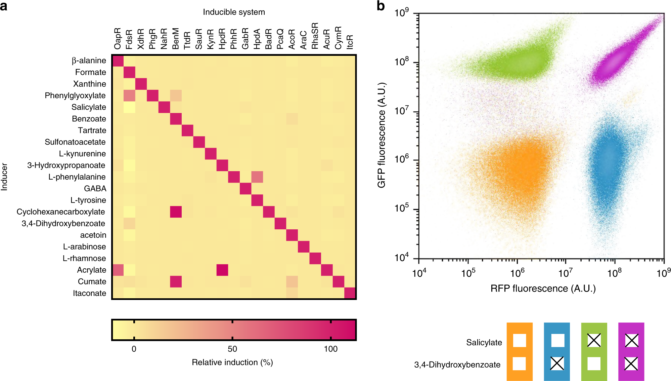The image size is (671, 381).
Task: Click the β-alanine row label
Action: [x=89, y=61]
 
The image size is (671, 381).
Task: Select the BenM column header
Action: [x=176, y=38]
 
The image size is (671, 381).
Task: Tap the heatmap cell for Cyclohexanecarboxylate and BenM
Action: [x=176, y=212]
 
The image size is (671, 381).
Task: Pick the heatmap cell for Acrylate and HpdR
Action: [x=222, y=270]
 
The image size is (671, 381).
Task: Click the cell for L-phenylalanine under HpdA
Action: [x=257, y=177]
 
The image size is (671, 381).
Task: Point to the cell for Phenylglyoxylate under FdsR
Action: [x=129, y=96]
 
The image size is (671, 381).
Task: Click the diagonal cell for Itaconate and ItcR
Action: [x=350, y=293]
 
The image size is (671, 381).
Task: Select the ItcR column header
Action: [x=350, y=42]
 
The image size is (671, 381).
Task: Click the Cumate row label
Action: [x=92, y=281]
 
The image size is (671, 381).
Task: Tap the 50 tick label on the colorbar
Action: [x=232, y=349]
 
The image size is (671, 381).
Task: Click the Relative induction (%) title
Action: [x=232, y=363]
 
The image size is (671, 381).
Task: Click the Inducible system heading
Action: [x=234, y=12]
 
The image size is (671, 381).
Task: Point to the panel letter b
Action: [x=380, y=6]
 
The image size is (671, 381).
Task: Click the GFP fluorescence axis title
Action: [x=382, y=135]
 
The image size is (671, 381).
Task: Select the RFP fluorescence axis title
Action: [x=543, y=289]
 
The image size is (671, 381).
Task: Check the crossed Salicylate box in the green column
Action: [x=594, y=340]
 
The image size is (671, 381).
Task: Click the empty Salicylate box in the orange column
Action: [x=519, y=340]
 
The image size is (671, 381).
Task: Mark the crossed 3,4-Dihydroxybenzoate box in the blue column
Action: [x=557, y=364]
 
